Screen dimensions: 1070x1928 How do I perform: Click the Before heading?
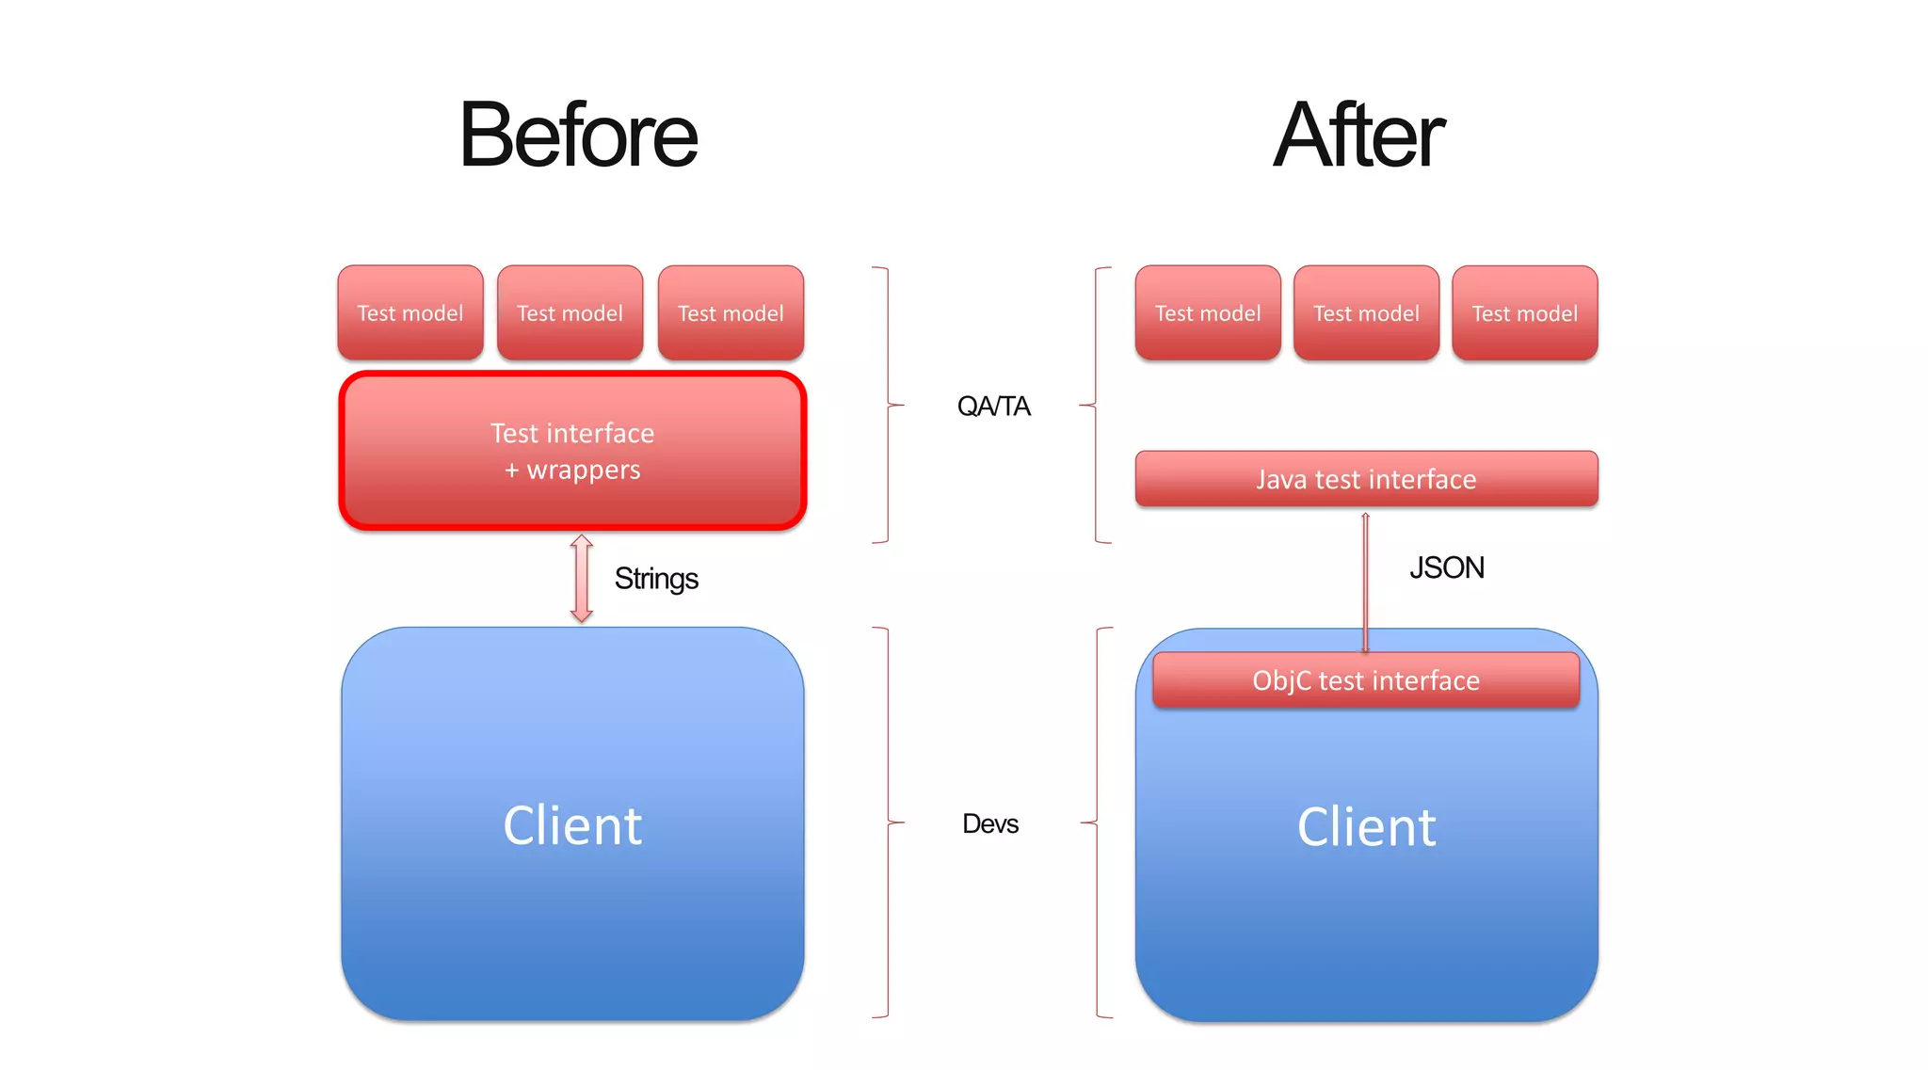(x=578, y=136)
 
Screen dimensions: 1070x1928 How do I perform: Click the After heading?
(x=1358, y=136)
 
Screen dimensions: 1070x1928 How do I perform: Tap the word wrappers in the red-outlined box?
(x=584, y=470)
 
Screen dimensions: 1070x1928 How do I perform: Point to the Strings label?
(x=656, y=578)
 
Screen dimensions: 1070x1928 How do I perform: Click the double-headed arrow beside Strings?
(x=582, y=579)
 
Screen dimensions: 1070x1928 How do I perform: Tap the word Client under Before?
(x=572, y=825)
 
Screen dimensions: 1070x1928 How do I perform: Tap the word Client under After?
(x=1366, y=827)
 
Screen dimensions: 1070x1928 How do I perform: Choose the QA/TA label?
(x=993, y=406)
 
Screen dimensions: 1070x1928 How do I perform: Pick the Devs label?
(x=990, y=823)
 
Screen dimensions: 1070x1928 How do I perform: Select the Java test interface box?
(x=1366, y=479)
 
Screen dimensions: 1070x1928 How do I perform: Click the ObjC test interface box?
(x=1366, y=680)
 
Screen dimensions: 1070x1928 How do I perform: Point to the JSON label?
(x=1446, y=567)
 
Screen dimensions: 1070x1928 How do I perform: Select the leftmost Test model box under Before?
(x=410, y=312)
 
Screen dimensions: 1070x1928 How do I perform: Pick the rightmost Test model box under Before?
(x=731, y=312)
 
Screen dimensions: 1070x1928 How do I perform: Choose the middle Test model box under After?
(x=1366, y=312)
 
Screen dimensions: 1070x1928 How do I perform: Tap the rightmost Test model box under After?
(x=1524, y=312)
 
